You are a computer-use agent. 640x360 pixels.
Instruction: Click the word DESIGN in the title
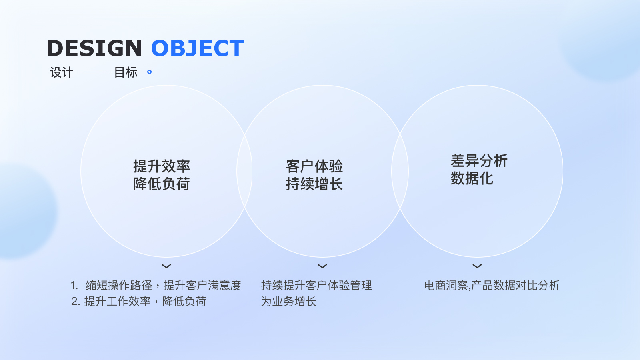[94, 48]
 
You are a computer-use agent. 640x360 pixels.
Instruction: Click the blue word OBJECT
[198, 48]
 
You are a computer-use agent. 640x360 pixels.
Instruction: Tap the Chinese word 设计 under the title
[62, 72]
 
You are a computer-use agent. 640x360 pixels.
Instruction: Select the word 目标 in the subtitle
[126, 72]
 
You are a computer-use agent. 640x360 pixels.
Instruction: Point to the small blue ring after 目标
[149, 72]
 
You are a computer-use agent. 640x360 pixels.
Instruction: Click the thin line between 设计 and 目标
[95, 72]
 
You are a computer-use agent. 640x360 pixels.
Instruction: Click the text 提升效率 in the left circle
[162, 166]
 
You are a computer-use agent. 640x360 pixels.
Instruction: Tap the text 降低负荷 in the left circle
[162, 184]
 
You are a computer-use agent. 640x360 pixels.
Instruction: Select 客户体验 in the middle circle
[314, 166]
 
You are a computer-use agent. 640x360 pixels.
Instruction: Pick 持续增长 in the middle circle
[314, 184]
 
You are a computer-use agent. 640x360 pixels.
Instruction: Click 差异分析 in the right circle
[479, 160]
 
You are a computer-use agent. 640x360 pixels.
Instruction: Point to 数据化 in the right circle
[472, 178]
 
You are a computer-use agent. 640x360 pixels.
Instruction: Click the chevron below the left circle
[166, 266]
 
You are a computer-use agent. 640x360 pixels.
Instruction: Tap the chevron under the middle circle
[322, 266]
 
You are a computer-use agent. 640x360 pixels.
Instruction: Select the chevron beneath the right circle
[477, 266]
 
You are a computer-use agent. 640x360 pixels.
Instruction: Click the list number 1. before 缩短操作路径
[74, 286]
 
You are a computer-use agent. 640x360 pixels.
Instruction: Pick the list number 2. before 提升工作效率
[76, 302]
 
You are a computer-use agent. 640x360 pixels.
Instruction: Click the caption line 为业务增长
[288, 302]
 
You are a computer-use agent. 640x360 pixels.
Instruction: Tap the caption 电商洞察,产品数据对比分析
[492, 286]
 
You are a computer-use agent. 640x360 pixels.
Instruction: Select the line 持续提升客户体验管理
[316, 286]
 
